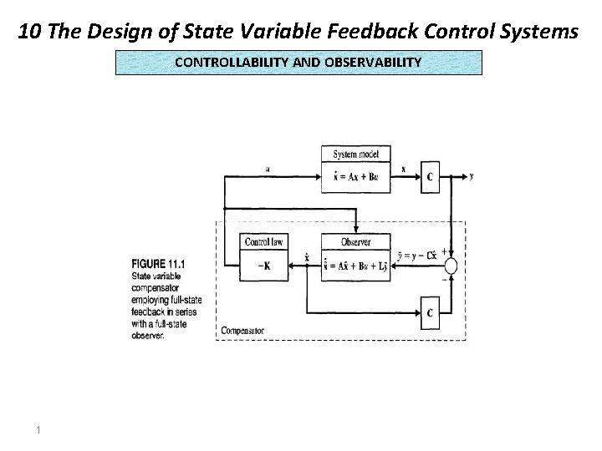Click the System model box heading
tap(355, 155)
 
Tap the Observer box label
tap(355, 242)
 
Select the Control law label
tap(263, 242)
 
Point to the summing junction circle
tap(451, 266)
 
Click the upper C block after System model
tap(429, 177)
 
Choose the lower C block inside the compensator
tap(429, 312)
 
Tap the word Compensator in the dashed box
tap(242, 332)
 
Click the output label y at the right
tap(472, 176)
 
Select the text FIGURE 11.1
tap(158, 264)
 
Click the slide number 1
tap(38, 430)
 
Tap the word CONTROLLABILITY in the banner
tap(224, 62)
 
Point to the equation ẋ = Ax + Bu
tap(355, 177)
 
